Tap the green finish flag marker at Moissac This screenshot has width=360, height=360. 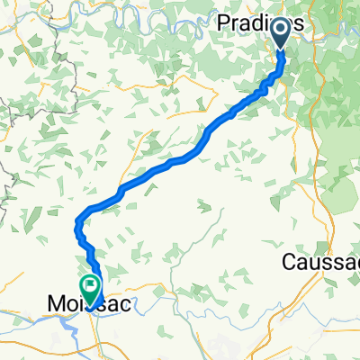(90, 287)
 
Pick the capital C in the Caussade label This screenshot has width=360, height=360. (289, 263)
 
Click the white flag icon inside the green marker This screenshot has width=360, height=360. (90, 285)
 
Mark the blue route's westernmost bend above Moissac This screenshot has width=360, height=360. (77, 219)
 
